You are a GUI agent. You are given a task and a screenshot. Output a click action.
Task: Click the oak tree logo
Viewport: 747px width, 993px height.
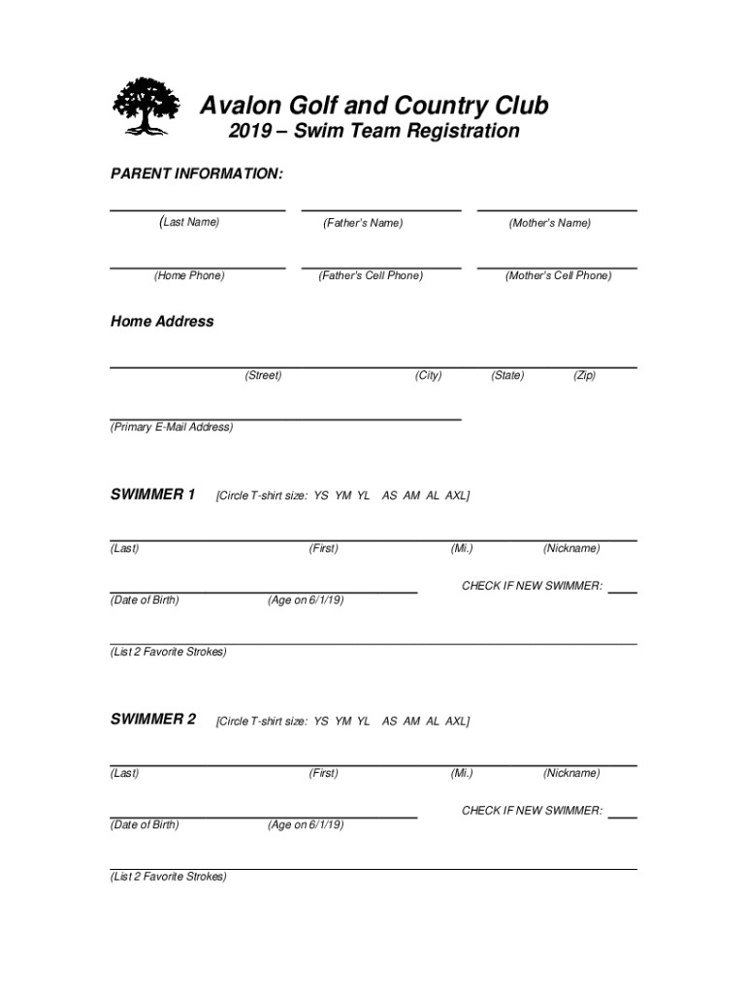[146, 106]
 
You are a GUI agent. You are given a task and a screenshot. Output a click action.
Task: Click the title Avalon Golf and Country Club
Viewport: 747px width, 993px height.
[373, 105]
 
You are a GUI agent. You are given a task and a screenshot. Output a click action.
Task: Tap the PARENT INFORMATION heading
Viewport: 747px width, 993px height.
[197, 174]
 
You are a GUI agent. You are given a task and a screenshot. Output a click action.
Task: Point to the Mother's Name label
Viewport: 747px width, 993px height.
[550, 223]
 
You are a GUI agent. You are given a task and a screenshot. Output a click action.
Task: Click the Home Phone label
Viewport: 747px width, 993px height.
[189, 275]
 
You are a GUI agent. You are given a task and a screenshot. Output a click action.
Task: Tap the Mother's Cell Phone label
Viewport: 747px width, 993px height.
[558, 275]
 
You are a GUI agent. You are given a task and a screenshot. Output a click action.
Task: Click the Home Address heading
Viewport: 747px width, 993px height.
[162, 321]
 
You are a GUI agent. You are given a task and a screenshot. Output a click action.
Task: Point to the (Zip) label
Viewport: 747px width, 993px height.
[584, 375]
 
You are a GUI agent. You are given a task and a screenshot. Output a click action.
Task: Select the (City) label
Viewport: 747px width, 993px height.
[428, 375]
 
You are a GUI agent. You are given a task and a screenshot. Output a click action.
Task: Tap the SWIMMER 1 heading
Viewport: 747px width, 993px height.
[153, 495]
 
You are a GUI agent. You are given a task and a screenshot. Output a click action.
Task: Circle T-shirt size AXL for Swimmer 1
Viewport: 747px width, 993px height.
[456, 496]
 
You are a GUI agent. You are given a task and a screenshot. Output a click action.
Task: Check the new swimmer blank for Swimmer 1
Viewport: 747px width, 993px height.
[623, 588]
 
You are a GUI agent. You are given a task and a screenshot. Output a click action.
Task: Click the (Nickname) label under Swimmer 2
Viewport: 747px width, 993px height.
[571, 773]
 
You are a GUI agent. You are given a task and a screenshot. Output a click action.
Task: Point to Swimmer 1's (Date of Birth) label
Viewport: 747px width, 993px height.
[145, 600]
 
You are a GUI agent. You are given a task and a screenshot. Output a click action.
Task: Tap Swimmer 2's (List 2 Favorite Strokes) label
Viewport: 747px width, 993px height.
[168, 877]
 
